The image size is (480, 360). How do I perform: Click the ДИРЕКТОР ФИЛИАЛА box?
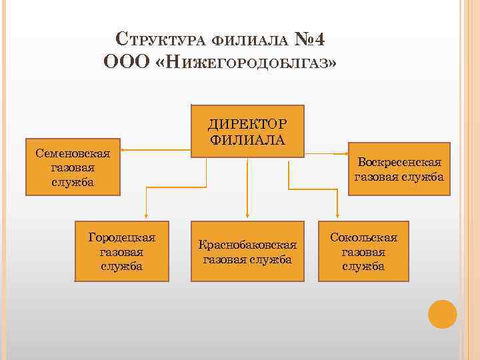tap(247, 131)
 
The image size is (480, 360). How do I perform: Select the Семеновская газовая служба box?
tap(73, 167)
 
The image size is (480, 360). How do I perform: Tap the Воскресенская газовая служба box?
tap(399, 169)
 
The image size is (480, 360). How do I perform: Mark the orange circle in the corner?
tap(442, 314)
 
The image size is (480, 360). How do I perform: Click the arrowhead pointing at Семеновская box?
tap(124, 150)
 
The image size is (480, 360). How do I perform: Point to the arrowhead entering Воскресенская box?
tap(346, 155)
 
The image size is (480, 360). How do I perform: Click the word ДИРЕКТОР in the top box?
tap(247, 124)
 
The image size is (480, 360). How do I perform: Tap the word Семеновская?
tap(73, 153)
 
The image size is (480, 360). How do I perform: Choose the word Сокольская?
tap(363, 238)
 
